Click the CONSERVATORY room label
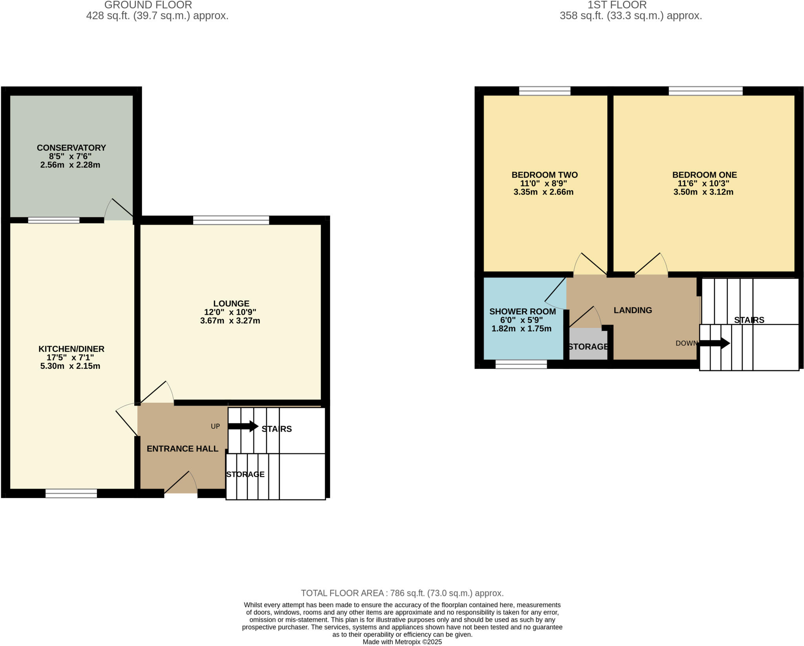(71, 148)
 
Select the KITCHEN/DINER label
(71, 349)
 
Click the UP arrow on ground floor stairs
(243, 426)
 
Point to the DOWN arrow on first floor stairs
(714, 343)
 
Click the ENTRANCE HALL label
(182, 449)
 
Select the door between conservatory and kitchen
(118, 210)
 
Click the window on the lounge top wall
(231, 220)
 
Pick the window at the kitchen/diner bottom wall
(71, 493)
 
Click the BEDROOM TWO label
(544, 175)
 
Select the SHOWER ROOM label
(522, 311)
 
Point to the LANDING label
(632, 310)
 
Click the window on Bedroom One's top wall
(705, 91)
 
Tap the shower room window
(521, 365)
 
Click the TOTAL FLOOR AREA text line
(402, 593)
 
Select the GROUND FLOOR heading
(148, 5)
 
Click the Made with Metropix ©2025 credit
(402, 642)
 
